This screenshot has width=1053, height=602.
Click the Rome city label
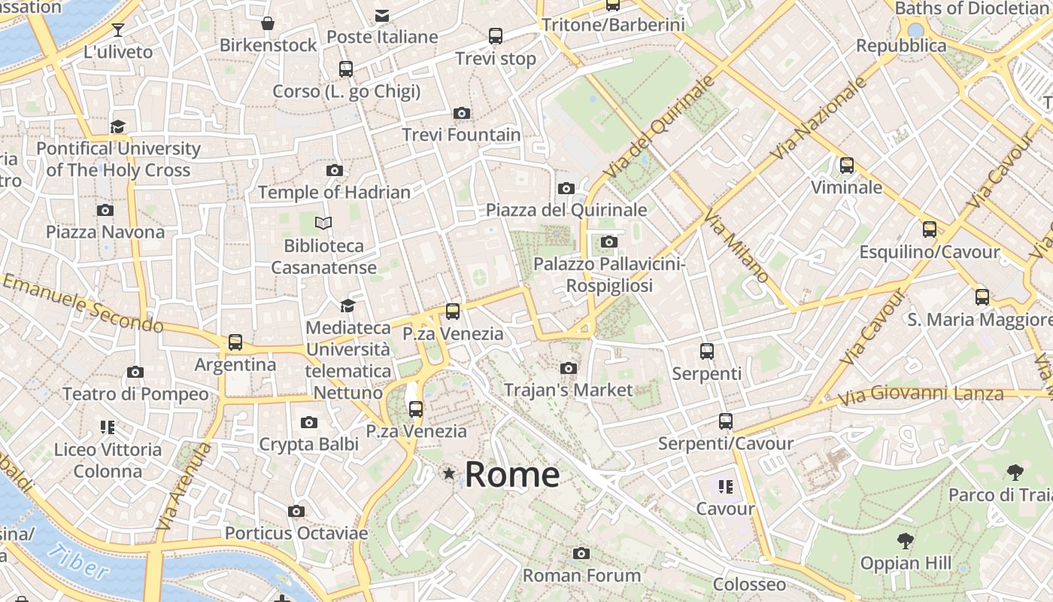coord(512,475)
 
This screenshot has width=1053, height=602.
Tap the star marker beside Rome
coord(449,473)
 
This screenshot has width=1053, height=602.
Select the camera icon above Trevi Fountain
coord(462,114)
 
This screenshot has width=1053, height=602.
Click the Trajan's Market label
coord(569,390)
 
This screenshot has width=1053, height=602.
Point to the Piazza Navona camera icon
coord(105,211)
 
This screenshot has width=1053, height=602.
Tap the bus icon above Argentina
coord(235,342)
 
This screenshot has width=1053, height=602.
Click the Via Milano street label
coord(736,247)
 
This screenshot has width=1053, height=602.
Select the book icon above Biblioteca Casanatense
coord(323,223)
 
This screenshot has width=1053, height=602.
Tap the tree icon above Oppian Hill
coord(906,540)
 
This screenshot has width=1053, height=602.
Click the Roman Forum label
coord(581,576)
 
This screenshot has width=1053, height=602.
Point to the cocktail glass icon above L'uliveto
coord(118,30)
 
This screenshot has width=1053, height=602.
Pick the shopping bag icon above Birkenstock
coord(268,23)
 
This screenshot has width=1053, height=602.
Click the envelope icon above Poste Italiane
coord(382,15)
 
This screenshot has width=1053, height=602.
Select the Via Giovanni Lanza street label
coord(921,394)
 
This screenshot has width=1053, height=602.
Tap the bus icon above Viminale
coord(847,166)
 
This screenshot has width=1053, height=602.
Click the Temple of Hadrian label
coord(335,193)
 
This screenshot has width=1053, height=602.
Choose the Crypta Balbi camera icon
coord(308,423)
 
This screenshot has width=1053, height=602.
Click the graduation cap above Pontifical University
coord(118,126)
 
